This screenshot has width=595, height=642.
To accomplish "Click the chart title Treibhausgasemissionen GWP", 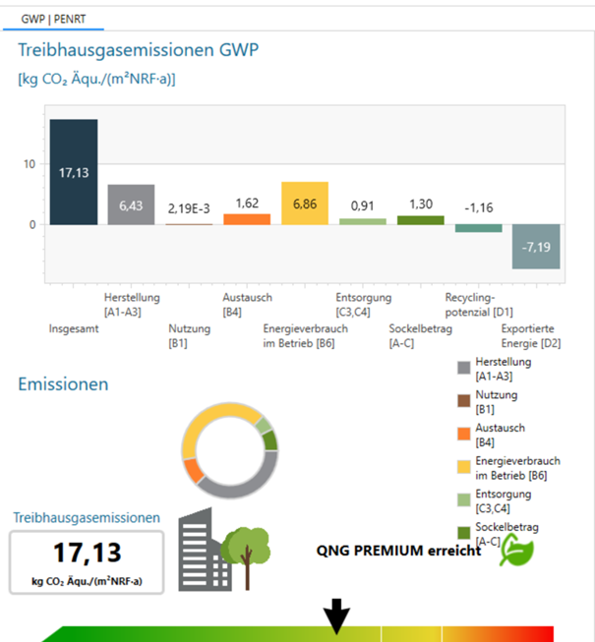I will (139, 51).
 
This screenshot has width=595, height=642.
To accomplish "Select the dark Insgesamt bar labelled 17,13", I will (74, 172).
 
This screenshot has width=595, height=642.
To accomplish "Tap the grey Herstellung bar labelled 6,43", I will (131, 204).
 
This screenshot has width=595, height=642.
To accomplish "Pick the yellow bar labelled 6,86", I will (304, 204).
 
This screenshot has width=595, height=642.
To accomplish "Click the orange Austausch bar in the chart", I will (247, 218).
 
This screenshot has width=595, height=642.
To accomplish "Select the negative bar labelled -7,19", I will (536, 246).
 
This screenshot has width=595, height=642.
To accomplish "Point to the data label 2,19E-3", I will (189, 208).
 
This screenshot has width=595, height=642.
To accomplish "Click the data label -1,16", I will (478, 208).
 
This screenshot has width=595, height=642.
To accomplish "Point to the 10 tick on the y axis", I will (30, 163).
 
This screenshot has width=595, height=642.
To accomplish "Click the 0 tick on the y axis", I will (32, 224).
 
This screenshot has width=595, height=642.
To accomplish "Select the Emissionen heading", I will (63, 383).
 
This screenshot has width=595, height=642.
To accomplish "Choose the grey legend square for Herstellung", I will (464, 368).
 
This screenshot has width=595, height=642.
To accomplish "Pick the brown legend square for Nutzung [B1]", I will (464, 400).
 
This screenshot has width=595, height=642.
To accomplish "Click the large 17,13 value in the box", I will (86, 554).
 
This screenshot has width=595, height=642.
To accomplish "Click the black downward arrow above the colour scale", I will (337, 616).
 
